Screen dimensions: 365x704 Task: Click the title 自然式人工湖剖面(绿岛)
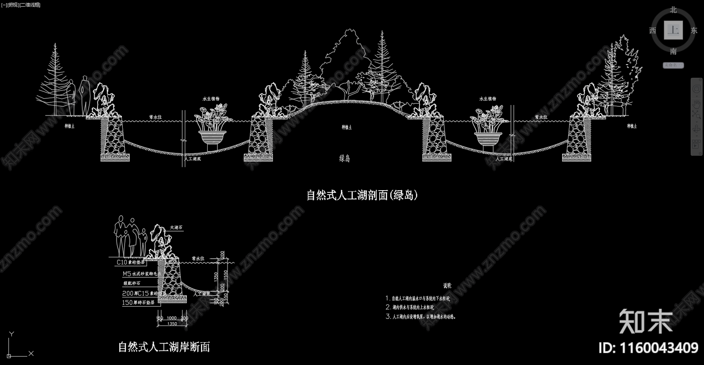[362, 195]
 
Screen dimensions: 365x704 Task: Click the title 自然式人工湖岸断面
[164, 347]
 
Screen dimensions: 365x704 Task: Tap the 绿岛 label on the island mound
[345, 159]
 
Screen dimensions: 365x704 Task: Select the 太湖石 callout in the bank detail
[176, 228]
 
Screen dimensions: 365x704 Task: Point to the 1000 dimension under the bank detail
[172, 318]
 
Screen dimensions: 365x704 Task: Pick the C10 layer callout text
[130, 262]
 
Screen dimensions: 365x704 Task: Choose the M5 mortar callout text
[139, 274]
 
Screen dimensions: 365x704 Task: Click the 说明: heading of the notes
[447, 285]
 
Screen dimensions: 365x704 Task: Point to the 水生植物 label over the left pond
[211, 99]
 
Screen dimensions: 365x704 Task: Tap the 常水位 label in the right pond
[541, 117]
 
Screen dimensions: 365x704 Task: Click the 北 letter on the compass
[673, 10]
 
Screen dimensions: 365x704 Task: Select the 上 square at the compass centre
[673, 30]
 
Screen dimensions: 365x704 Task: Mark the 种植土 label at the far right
[632, 126]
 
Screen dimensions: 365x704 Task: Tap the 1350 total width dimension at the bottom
[172, 324]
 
